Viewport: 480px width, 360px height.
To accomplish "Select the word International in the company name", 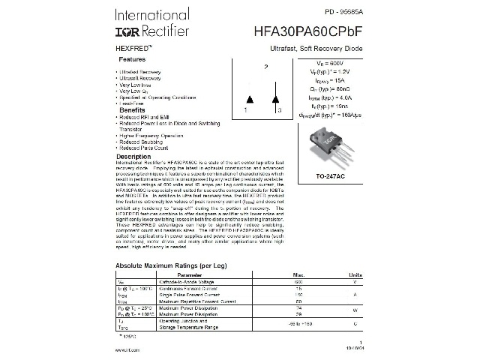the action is click(151, 15).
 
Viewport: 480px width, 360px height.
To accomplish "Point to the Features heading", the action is click(132, 58).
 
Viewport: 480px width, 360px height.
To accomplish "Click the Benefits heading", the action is click(132, 110).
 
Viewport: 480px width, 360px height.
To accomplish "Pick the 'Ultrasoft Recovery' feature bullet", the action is click(140, 78).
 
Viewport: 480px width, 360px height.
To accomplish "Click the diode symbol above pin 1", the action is click(250, 99).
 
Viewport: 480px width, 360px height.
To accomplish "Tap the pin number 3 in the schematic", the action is click(279, 110).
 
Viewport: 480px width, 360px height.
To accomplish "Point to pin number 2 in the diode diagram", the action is click(265, 67).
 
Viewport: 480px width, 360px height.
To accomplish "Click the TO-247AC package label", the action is click(331, 176).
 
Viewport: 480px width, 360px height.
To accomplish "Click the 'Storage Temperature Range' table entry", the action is click(188, 327).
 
